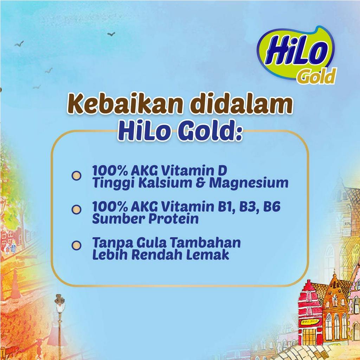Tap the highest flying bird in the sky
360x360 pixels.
point(111,34)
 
